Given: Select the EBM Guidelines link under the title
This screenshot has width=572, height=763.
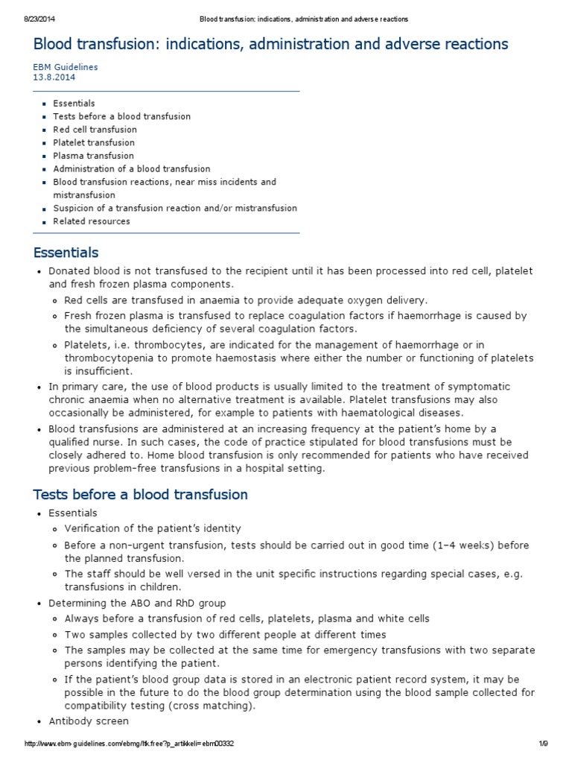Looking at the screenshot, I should [x=65, y=66].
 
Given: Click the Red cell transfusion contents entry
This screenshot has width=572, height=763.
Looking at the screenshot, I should [x=95, y=130].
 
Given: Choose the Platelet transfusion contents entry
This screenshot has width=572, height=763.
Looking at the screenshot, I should [x=94, y=142].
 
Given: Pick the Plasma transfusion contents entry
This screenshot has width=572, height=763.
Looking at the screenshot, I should [x=93, y=156].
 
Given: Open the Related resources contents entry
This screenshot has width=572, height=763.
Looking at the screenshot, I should [x=91, y=221].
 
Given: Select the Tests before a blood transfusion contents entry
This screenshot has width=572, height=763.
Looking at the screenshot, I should [x=121, y=116].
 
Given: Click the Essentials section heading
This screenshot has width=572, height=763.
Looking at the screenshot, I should [x=66, y=253].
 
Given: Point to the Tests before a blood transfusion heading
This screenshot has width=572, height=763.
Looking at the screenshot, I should [x=140, y=495].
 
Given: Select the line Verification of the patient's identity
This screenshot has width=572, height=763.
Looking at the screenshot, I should [x=153, y=528].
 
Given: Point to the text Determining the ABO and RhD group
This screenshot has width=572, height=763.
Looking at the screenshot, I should [x=137, y=603].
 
